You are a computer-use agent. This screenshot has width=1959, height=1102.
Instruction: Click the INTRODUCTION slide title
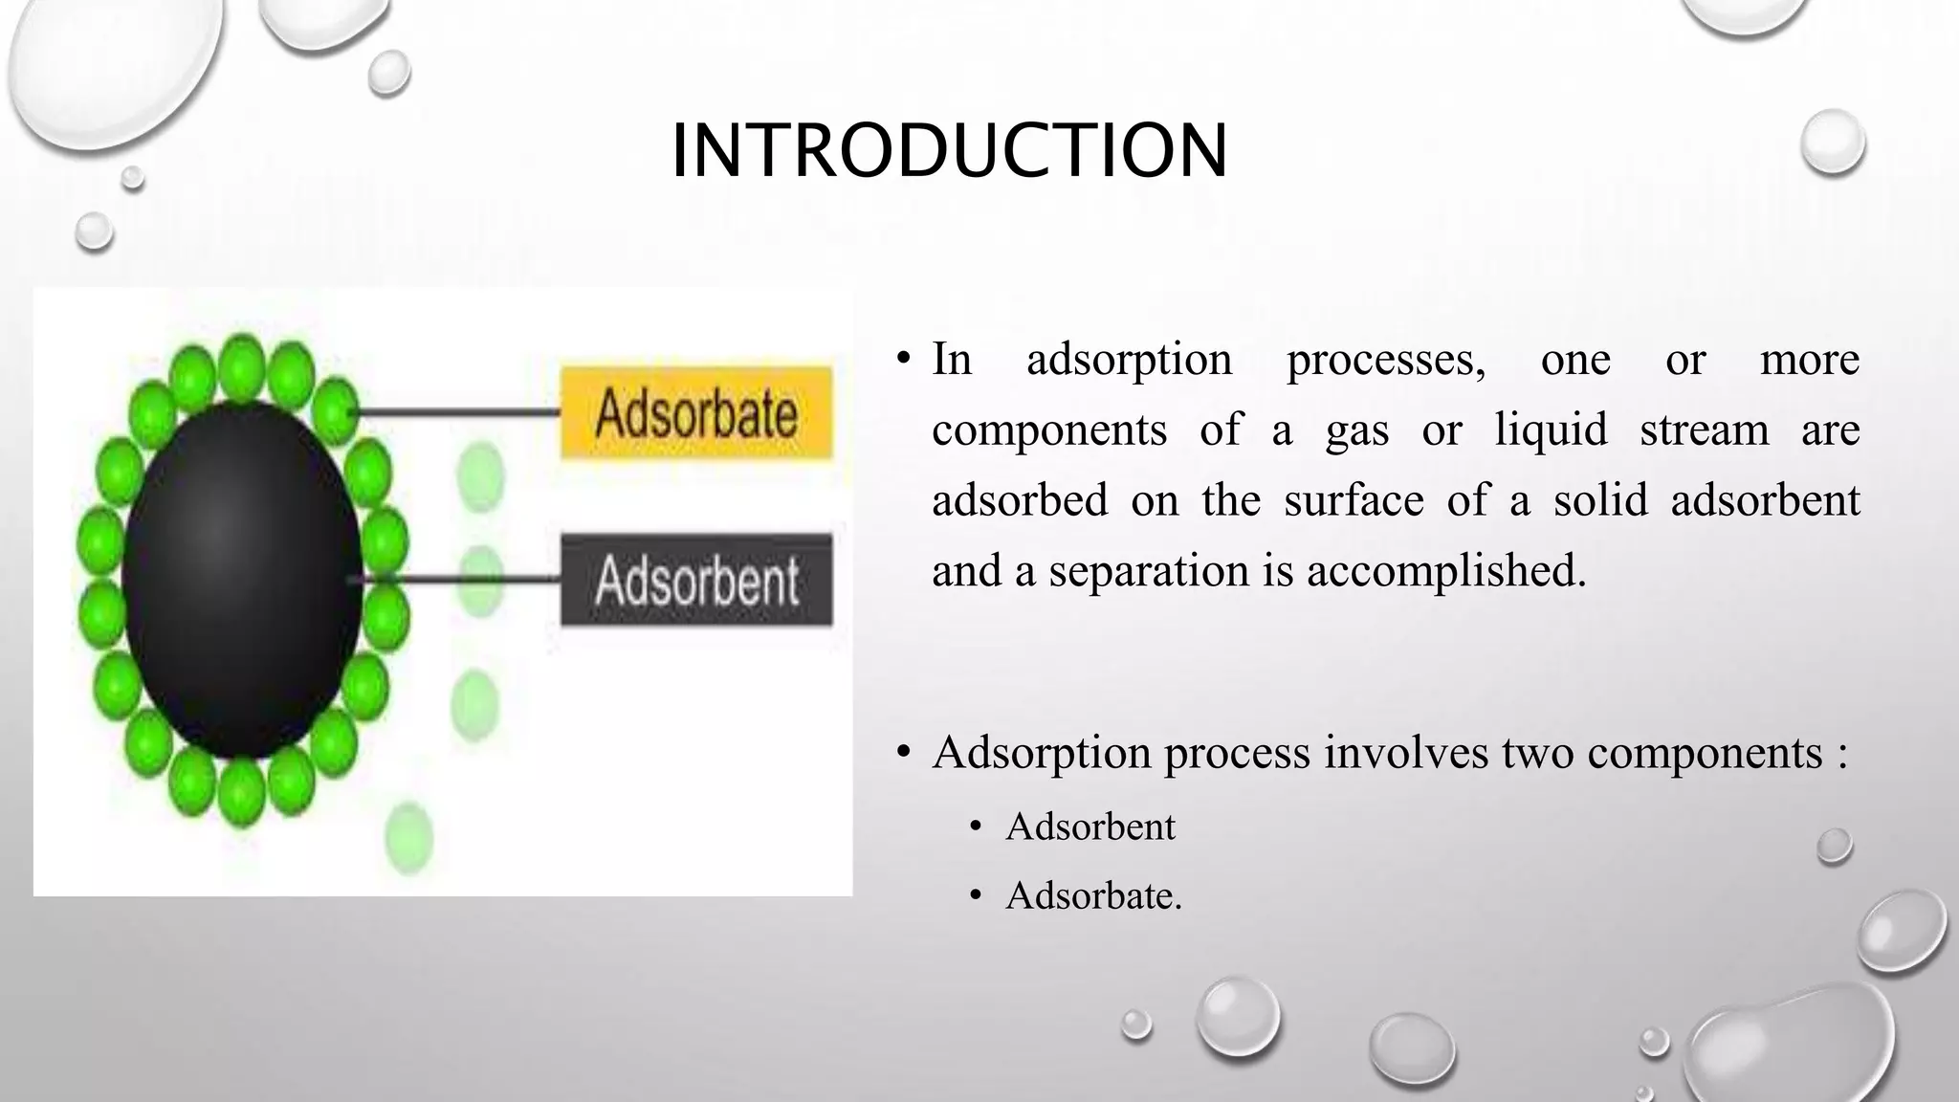pyautogui.click(x=949, y=150)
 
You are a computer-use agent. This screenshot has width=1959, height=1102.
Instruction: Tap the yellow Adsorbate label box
pyautogui.click(x=696, y=412)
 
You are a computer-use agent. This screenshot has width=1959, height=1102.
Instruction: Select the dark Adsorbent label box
pyautogui.click(x=696, y=580)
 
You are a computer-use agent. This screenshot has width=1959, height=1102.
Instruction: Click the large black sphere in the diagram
pyautogui.click(x=241, y=580)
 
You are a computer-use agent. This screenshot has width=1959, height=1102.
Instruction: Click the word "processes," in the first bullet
pyautogui.click(x=1386, y=360)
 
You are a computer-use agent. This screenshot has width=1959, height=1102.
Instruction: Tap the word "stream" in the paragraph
pyautogui.click(x=1705, y=430)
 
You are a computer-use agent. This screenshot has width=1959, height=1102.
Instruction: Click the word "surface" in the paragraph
pyautogui.click(x=1354, y=500)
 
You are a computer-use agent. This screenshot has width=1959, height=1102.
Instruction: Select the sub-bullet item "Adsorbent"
pyautogui.click(x=1090, y=826)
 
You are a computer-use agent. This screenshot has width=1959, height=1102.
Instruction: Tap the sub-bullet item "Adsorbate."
pyautogui.click(x=1093, y=896)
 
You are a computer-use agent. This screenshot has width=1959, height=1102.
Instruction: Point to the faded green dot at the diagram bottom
pyautogui.click(x=409, y=838)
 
